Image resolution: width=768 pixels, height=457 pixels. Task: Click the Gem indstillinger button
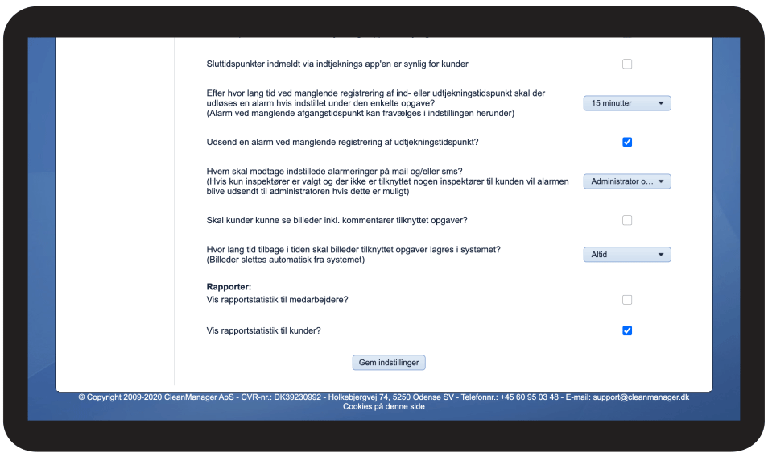coord(389,363)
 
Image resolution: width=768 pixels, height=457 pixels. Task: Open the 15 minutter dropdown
coord(626,103)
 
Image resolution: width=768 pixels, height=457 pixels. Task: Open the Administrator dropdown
coord(626,181)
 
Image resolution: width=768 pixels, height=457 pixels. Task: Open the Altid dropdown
coord(626,255)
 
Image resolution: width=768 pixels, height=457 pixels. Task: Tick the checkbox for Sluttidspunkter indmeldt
coord(627,64)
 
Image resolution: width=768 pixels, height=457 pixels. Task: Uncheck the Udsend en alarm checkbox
coord(627,142)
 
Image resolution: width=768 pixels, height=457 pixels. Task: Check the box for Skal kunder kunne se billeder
coord(627,220)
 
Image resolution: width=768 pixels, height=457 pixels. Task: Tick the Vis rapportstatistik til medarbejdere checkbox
coord(627,300)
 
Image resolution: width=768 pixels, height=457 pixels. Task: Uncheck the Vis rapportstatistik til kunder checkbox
coord(627,330)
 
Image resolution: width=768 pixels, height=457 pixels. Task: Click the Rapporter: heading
coord(229,286)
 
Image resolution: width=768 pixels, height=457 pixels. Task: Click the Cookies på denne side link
coord(383,407)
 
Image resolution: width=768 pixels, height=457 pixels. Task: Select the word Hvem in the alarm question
coord(218,171)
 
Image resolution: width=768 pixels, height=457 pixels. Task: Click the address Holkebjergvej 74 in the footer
coord(358,397)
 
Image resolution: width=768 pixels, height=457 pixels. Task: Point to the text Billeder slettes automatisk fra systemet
coord(286,260)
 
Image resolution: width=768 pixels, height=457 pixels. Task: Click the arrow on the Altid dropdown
coord(661,255)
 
